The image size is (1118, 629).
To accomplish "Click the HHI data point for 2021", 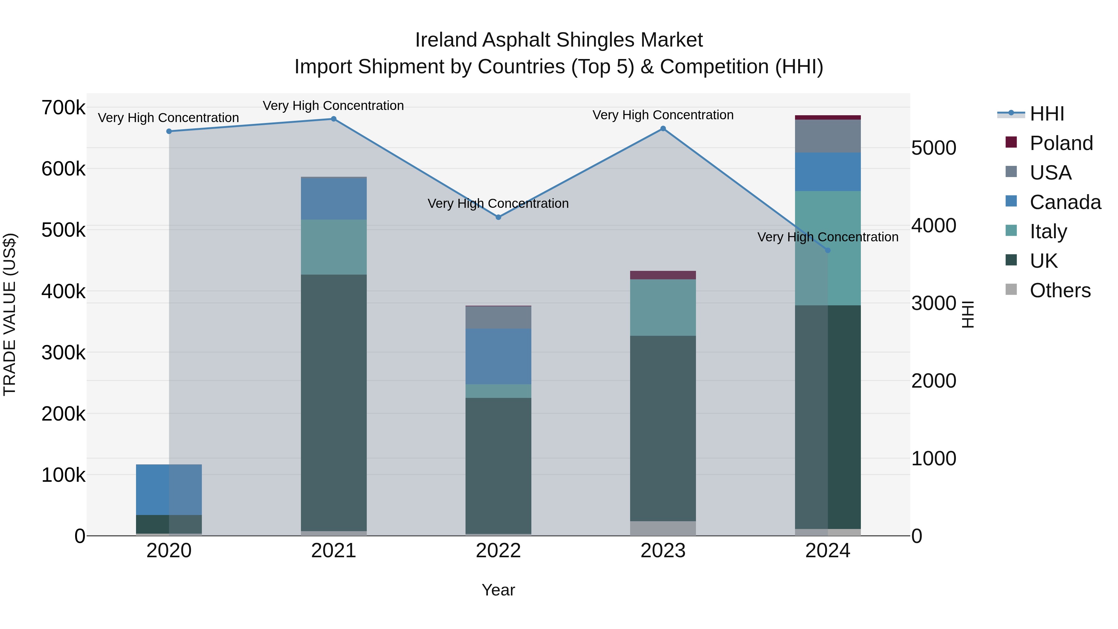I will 333,119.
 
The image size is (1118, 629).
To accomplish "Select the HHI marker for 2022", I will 498,217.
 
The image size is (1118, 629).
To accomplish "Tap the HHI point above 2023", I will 663,129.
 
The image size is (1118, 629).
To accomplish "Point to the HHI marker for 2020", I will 169,131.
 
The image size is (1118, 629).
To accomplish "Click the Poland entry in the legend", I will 1061,143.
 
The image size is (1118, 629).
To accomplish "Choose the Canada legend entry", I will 1065,202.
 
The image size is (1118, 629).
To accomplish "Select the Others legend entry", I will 1060,290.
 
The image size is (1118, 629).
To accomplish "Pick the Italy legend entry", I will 1048,231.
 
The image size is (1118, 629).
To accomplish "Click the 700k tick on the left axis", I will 63,108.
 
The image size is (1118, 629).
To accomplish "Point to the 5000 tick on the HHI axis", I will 933,148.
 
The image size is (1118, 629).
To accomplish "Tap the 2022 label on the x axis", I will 498,550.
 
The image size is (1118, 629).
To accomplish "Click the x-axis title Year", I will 498,590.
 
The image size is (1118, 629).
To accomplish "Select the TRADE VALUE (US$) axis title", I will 10,314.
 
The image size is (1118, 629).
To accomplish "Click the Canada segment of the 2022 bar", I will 498,356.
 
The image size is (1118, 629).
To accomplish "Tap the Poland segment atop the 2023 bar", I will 663,275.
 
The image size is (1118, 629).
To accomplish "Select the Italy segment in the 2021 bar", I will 333,247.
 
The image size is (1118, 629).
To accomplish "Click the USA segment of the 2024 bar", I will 828,136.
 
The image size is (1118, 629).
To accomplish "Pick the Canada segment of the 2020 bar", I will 169,489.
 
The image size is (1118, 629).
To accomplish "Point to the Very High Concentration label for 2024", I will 828,237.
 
